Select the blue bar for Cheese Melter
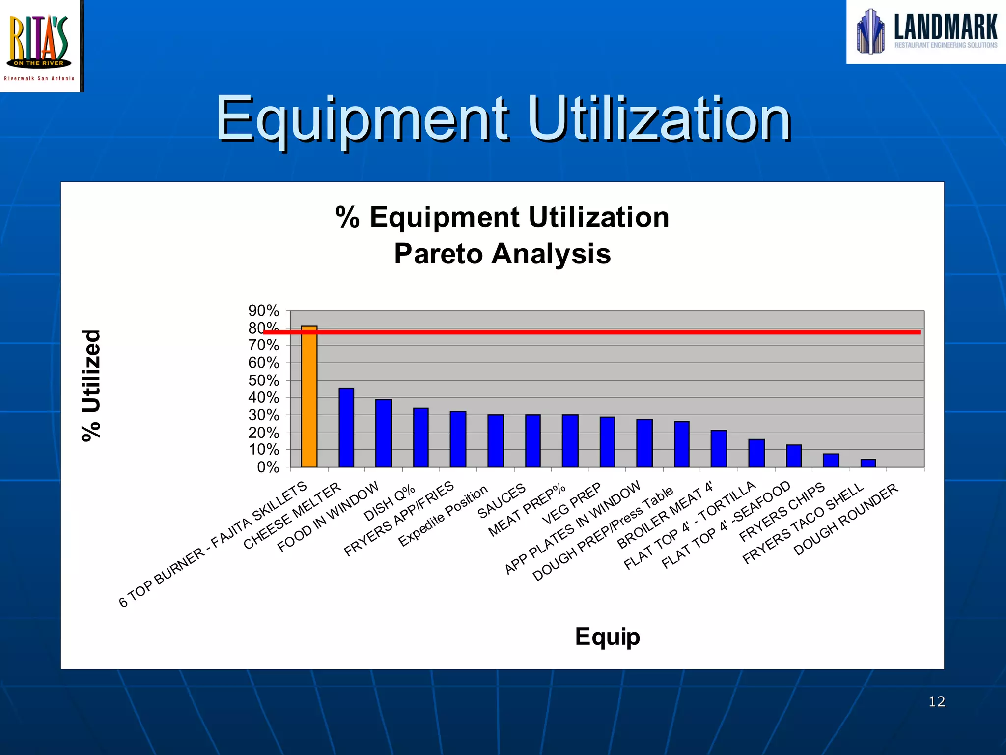pyautogui.click(x=346, y=428)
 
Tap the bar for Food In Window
pyautogui.click(x=384, y=433)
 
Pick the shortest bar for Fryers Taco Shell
pyautogui.click(x=868, y=463)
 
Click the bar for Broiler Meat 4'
pyautogui.click(x=719, y=449)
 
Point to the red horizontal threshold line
pyautogui.click(x=589, y=332)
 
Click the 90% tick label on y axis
pyautogui.click(x=264, y=311)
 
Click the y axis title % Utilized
pyautogui.click(x=91, y=386)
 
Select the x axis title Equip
pyautogui.click(x=607, y=637)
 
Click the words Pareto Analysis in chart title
pyautogui.click(x=502, y=254)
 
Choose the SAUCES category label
pyautogui.click(x=502, y=501)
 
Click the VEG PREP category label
pyautogui.click(x=571, y=503)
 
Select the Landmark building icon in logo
pyautogui.click(x=870, y=31)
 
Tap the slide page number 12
pyautogui.click(x=937, y=701)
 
